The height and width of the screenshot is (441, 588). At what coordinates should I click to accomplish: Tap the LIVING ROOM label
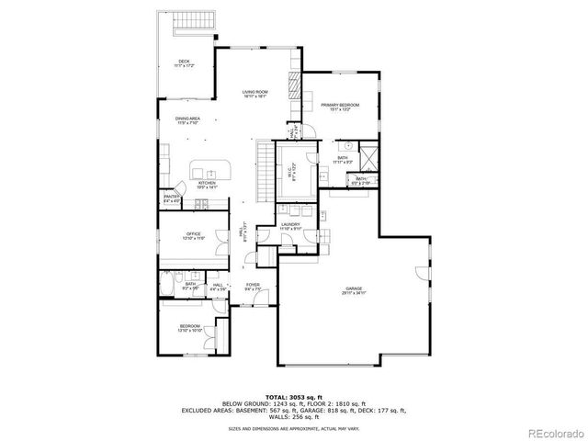coord(254,93)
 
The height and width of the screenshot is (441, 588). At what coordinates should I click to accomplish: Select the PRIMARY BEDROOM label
coord(339,107)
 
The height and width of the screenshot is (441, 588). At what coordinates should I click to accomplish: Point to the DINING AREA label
coord(189,119)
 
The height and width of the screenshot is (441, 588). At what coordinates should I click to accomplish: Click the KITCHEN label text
coord(207,184)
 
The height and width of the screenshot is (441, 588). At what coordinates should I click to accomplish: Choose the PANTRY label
coord(171,198)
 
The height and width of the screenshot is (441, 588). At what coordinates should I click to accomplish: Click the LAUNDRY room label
coord(291,226)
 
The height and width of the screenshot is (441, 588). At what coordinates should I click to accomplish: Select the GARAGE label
coord(354,290)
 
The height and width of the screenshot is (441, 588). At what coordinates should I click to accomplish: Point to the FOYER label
coord(252,287)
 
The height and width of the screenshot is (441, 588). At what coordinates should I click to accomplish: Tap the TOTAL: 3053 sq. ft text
coord(293,395)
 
